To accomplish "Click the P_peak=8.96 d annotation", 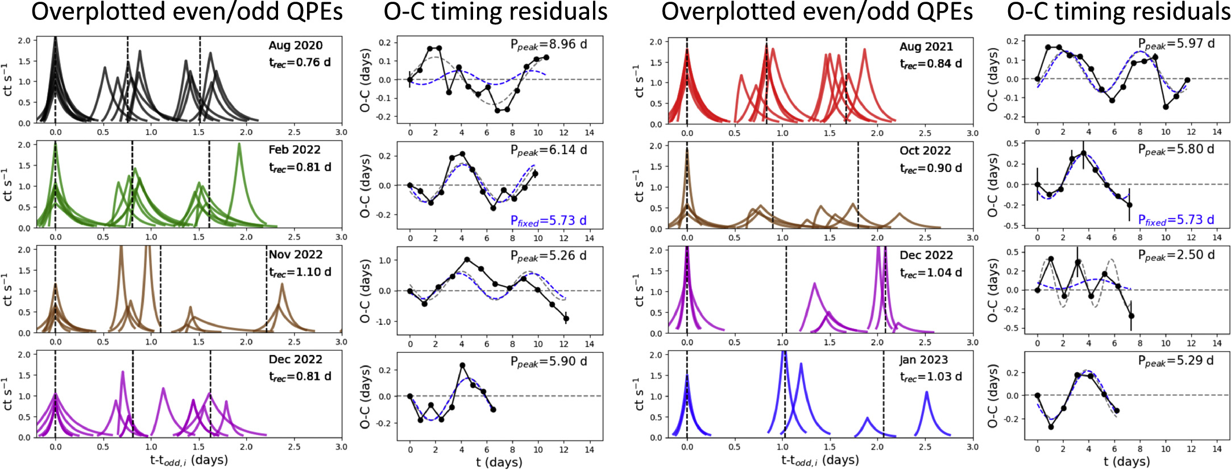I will [549, 44].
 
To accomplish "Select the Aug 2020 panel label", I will [295, 46].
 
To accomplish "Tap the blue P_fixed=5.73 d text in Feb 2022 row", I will [549, 221].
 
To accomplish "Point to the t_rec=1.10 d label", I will [300, 272].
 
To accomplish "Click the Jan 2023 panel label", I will [923, 360].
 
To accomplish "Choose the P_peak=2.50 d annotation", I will [1176, 255].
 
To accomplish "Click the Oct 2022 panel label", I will [925, 151].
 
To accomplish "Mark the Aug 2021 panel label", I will [926, 47].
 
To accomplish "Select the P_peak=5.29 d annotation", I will [1176, 361].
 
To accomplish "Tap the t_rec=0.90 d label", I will [931, 168].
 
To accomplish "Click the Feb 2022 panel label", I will [295, 150].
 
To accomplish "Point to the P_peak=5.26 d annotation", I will [549, 255].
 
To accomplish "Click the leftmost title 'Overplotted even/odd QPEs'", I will [186, 13].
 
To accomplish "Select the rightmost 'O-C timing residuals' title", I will [1118, 13].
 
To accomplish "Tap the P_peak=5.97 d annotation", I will [1176, 43].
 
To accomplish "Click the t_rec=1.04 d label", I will [931, 273].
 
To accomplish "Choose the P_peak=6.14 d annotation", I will [549, 150].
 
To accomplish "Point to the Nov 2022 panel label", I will [295, 254].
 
